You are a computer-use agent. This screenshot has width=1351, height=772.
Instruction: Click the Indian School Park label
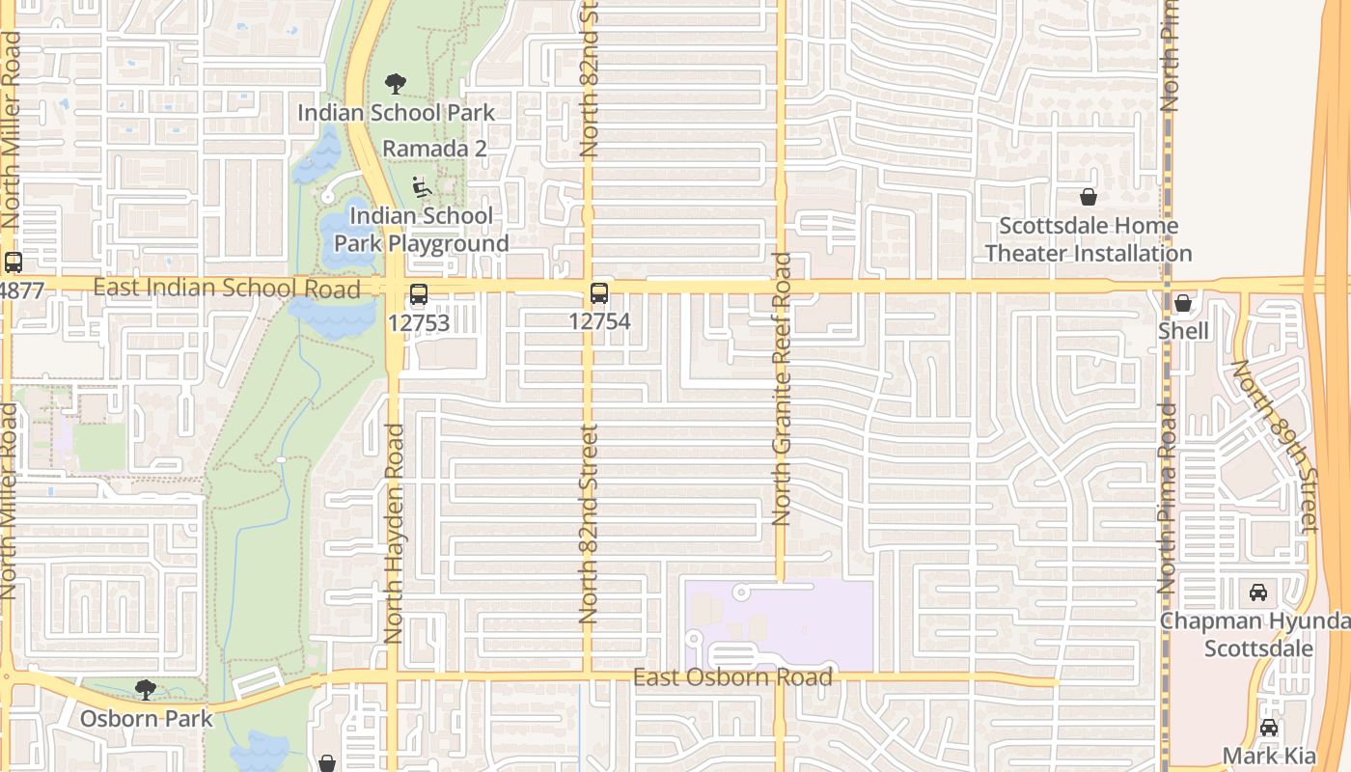(396, 113)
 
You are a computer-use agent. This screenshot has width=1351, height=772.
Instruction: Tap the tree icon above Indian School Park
(396, 84)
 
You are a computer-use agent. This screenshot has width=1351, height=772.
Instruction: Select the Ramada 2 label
(434, 149)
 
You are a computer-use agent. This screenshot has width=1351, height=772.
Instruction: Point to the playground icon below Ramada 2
(421, 186)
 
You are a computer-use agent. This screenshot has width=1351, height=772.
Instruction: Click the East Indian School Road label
(227, 288)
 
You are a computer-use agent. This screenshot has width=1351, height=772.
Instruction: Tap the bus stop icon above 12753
(419, 294)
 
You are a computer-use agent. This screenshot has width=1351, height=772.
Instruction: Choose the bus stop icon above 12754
(599, 293)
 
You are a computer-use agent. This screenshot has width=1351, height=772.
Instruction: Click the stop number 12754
(599, 321)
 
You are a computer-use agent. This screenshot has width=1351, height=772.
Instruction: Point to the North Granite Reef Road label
(782, 389)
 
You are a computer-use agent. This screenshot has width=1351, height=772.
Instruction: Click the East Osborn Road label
(732, 677)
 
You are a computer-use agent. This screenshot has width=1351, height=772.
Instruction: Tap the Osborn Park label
(146, 718)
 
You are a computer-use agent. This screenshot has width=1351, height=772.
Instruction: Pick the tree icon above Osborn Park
(146, 689)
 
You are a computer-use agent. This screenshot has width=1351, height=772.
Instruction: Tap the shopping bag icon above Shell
(1183, 304)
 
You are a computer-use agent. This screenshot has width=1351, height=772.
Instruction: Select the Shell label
(1183, 331)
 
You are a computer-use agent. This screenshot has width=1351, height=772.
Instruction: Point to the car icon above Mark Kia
(1269, 728)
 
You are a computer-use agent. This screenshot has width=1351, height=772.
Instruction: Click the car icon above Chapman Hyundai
(1258, 593)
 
